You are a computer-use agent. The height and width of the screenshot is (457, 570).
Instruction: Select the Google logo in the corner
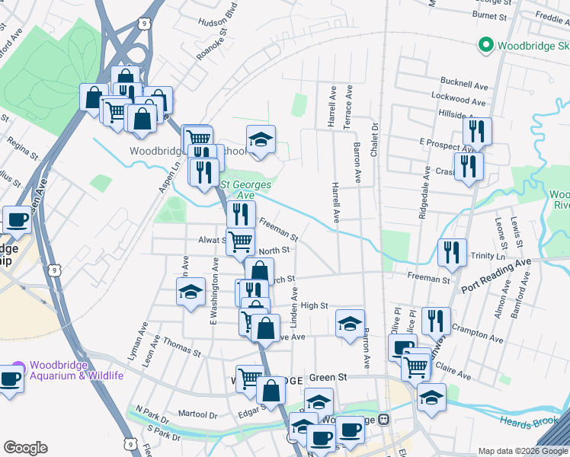[x=25, y=448]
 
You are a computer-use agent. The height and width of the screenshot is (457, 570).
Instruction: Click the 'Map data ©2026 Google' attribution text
[x=524, y=451]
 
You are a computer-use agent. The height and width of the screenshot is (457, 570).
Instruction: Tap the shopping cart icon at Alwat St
[x=240, y=241]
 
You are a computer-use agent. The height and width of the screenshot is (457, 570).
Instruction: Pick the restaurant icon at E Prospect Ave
[x=477, y=130]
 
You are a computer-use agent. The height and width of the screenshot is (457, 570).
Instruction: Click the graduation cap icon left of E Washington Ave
[x=191, y=291]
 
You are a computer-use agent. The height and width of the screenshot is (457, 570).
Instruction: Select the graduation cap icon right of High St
[x=350, y=323]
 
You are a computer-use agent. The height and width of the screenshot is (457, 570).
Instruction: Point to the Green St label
[x=328, y=376]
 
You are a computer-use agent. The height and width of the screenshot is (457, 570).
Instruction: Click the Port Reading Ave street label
[x=496, y=276]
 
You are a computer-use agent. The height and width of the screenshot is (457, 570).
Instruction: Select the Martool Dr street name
[x=198, y=414]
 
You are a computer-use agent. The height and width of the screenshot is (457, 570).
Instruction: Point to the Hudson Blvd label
[x=219, y=22]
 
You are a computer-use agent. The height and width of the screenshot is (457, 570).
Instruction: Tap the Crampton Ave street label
[x=477, y=334]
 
